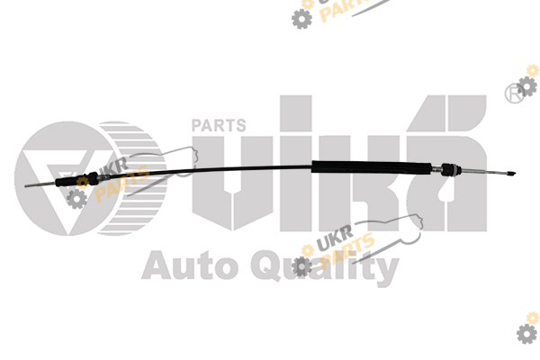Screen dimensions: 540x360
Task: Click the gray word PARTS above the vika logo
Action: (219, 125)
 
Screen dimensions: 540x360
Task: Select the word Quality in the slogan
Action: (325, 267)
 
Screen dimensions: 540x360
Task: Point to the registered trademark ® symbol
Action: (514, 93)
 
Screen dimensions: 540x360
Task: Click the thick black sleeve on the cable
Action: (372, 167)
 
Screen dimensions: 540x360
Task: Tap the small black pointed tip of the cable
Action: (511, 174)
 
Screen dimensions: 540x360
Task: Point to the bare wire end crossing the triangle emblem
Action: (40, 185)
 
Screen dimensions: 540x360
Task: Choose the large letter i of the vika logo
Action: (296, 163)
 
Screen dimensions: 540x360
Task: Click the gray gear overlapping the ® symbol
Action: (526, 86)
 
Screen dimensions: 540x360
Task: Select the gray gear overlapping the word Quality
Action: (301, 266)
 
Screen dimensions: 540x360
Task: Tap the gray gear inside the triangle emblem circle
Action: (76, 199)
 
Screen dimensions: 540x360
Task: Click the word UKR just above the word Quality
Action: (335, 238)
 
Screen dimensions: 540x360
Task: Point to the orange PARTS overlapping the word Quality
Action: (347, 251)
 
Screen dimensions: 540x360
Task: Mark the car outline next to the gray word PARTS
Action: (162, 170)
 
